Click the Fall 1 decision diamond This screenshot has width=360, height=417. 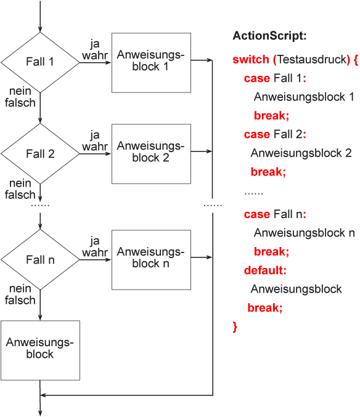pos(40,62)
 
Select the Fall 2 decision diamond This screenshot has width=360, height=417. pos(40,154)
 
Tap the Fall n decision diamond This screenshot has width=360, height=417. pos(40,259)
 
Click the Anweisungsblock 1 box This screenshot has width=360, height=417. pos(151,63)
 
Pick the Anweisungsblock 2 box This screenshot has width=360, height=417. pos(151,154)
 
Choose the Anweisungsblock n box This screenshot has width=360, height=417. pos(151,260)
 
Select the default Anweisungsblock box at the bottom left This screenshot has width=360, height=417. pos(40,350)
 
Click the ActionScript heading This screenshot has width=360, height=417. pos(269,36)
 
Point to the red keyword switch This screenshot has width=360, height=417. pos(251,59)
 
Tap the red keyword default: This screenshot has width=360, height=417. pos(265,270)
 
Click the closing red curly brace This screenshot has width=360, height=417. pos(235,326)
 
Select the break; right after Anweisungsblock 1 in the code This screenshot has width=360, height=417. pos(271,115)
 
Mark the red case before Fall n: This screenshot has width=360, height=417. pos(257,214)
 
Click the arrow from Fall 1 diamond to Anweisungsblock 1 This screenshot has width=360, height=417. pos(96,63)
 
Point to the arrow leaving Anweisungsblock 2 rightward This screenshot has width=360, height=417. pos(202,152)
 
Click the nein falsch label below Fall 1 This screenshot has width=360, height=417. pos(20,97)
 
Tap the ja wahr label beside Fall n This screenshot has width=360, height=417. pos(95,246)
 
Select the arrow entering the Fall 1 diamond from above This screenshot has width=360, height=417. pos(40,16)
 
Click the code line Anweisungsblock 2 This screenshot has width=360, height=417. pos(301,153)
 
